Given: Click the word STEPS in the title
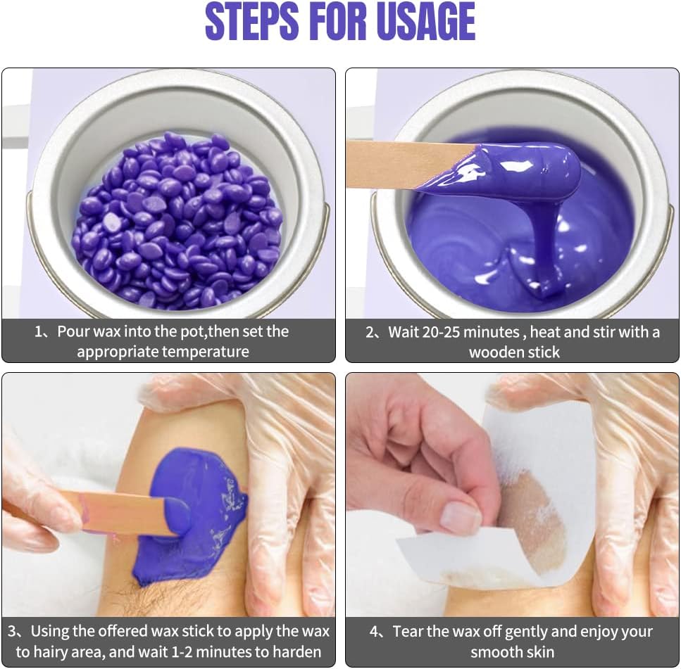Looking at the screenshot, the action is coord(252,21).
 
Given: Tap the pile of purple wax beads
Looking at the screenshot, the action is coord(177,222).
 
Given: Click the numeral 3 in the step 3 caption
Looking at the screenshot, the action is coord(12,632).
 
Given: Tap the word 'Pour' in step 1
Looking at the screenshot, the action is coord(74,332).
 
